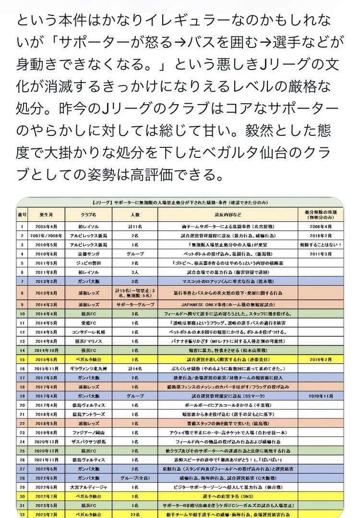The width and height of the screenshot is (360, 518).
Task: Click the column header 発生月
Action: [47, 214]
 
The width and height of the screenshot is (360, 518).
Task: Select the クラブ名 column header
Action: [89, 214]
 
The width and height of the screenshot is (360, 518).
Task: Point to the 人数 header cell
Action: [135, 214]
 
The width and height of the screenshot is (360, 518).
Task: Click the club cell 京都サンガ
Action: [89, 254]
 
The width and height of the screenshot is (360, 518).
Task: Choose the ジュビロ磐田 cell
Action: [89, 263]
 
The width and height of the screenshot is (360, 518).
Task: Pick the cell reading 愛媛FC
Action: [89, 323]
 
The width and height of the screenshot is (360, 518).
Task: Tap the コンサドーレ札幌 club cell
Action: [89, 332]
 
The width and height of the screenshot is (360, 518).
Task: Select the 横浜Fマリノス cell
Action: [89, 341]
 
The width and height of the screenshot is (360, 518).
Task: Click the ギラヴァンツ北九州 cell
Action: [89, 368]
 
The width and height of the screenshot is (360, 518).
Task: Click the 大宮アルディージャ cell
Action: [89, 487]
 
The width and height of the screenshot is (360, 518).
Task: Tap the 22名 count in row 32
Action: [135, 514]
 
